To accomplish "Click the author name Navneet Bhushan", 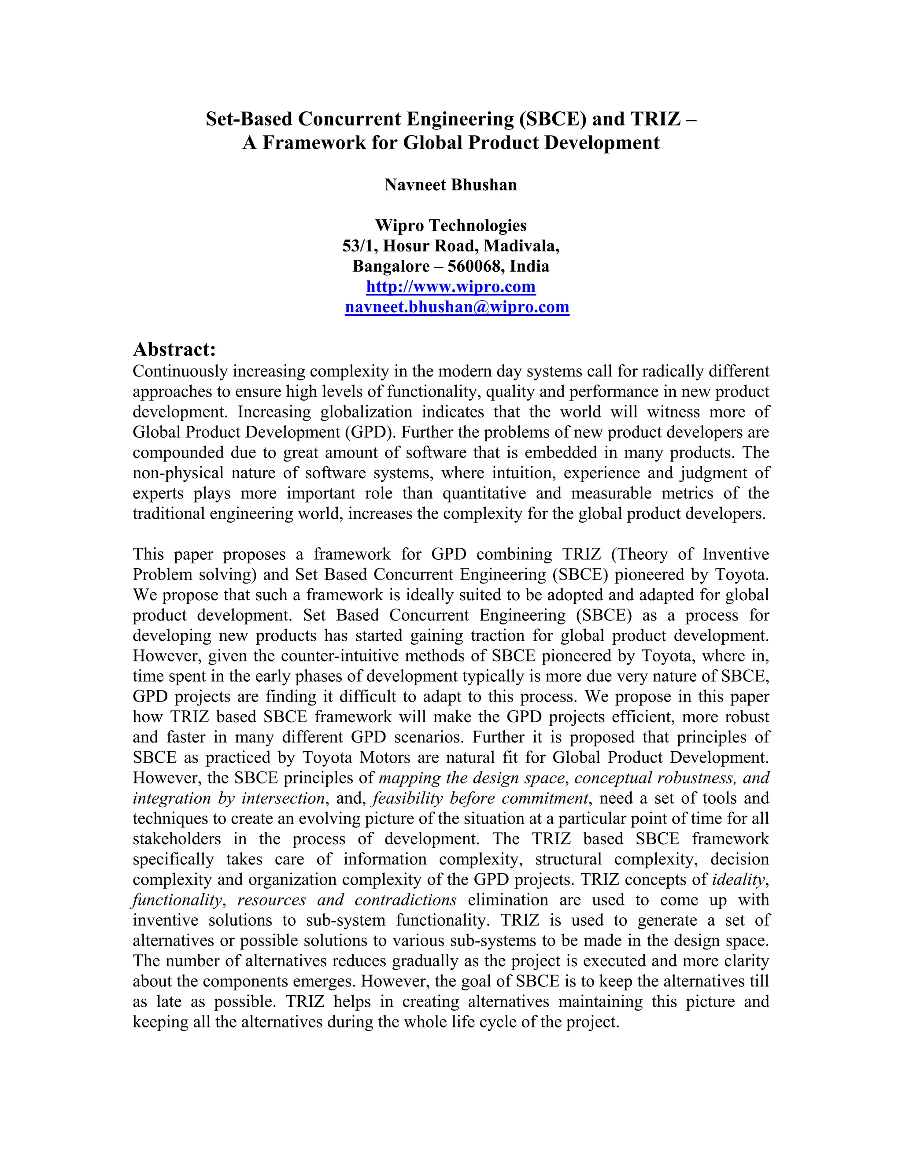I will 451,185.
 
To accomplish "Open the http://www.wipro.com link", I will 451,287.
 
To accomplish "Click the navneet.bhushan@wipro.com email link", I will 457,307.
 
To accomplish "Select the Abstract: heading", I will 174,350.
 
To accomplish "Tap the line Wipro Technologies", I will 451,225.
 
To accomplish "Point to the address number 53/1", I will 358,246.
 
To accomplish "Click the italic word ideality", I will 739,879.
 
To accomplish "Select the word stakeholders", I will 176,839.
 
